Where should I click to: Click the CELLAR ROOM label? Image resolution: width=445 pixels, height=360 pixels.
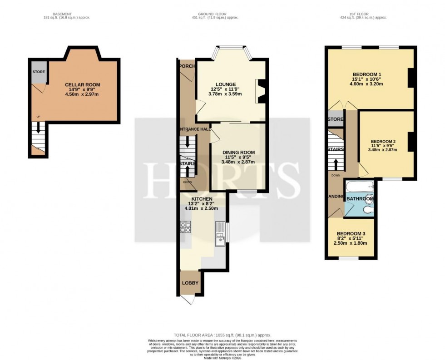click(x=82, y=85)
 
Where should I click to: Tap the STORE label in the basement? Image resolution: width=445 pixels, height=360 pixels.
click(x=38, y=72)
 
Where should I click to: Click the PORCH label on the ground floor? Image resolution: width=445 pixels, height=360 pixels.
click(x=187, y=66)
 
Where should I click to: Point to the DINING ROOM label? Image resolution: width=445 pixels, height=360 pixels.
click(x=238, y=153)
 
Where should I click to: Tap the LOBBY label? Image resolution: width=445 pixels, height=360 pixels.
click(x=190, y=283)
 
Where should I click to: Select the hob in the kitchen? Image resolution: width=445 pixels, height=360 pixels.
click(x=186, y=227)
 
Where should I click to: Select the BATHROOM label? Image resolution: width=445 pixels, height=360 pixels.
click(x=360, y=199)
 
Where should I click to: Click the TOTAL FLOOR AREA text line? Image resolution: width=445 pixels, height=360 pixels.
click(x=222, y=335)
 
